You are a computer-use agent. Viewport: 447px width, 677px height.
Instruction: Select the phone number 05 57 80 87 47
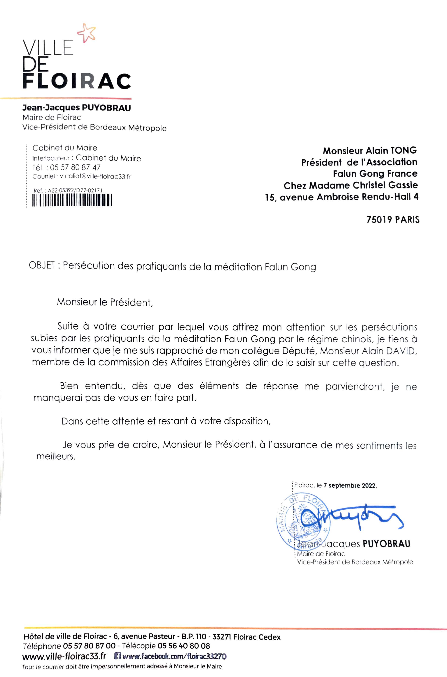click(x=75, y=167)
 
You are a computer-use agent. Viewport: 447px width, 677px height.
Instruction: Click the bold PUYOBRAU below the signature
click(x=386, y=544)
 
